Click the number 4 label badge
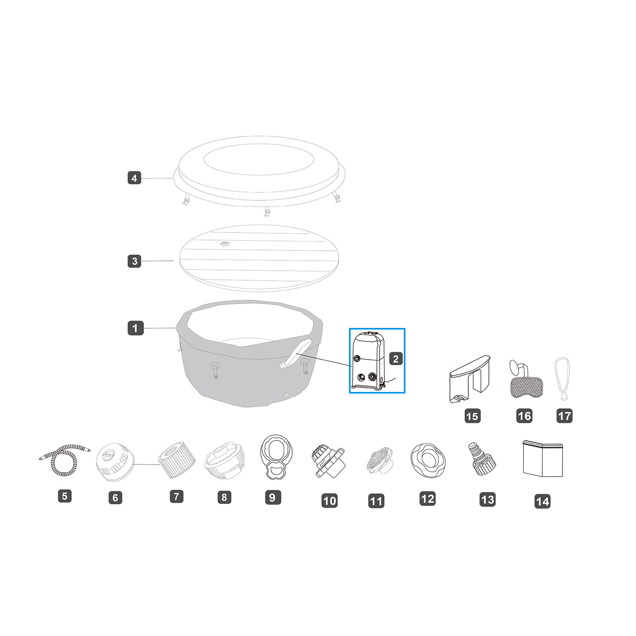click(134, 178)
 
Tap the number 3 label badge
click(134, 261)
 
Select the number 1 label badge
click(135, 328)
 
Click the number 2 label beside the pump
click(396, 359)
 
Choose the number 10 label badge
click(330, 500)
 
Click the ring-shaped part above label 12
click(428, 460)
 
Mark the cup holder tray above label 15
click(470, 379)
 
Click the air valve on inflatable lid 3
click(225, 244)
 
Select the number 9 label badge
click(273, 497)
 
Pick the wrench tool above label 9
click(276, 457)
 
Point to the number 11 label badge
click(376, 501)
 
